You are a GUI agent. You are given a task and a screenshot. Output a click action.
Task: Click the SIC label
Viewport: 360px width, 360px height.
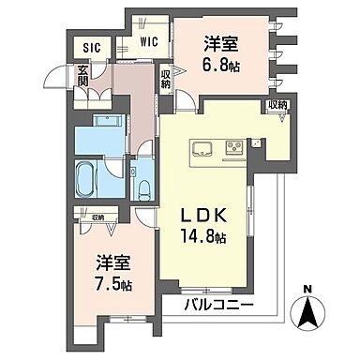91,46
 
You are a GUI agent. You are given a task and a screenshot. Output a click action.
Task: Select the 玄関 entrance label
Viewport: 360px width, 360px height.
82,74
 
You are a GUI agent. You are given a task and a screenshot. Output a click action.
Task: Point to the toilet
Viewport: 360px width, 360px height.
142,187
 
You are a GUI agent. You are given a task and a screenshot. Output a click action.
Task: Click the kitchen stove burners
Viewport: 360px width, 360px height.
234,146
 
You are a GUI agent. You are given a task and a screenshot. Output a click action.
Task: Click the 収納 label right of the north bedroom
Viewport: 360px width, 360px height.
277,104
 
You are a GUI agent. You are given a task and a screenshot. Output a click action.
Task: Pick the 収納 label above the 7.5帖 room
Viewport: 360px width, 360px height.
85,217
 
